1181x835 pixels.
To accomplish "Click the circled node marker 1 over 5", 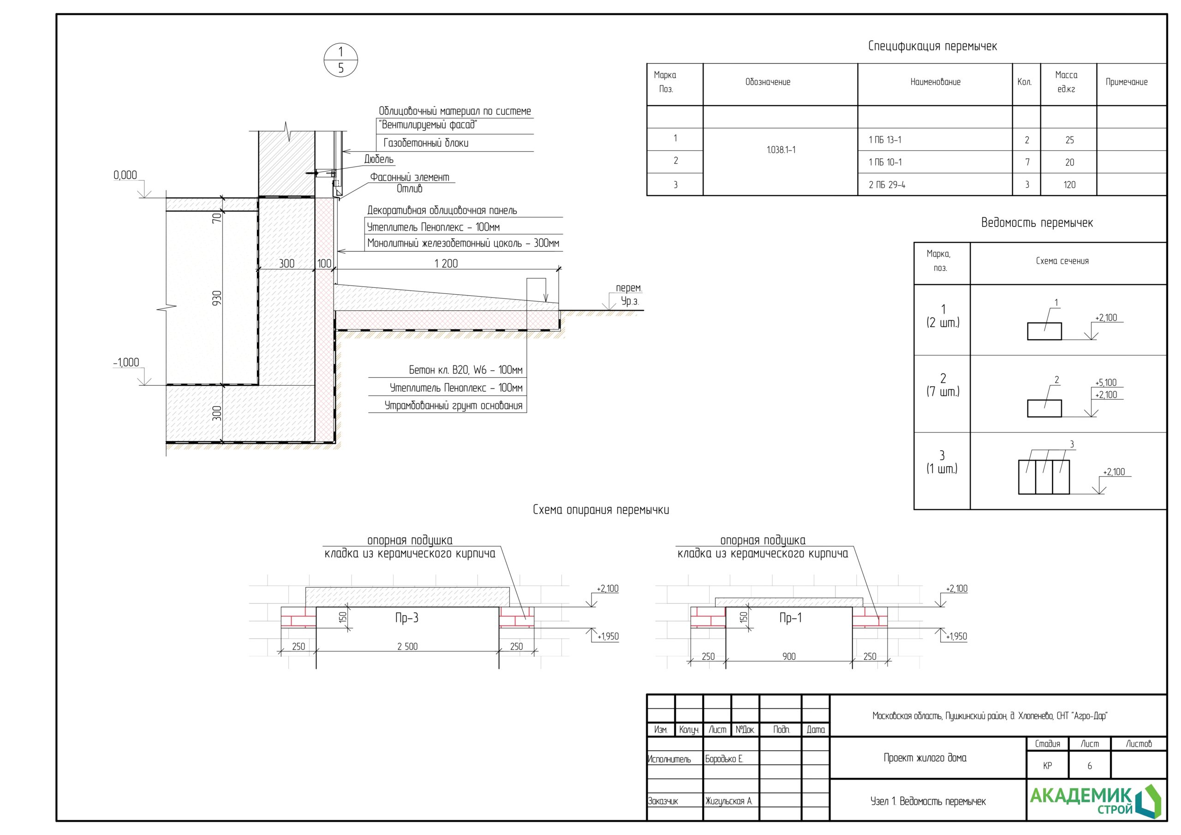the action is pyautogui.click(x=340, y=60).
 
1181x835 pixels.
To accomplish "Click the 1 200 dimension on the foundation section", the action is pyautogui.click(x=446, y=263).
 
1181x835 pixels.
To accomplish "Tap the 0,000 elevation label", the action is pyautogui.click(x=125, y=175).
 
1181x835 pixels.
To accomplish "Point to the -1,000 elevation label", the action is pyautogui.click(x=126, y=362).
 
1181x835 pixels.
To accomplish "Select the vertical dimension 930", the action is pyautogui.click(x=217, y=298).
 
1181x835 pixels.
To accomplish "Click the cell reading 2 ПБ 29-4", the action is pyautogui.click(x=887, y=185).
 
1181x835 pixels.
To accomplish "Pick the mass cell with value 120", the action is pyautogui.click(x=1069, y=185).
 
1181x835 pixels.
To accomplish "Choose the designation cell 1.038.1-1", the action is pyautogui.click(x=781, y=150).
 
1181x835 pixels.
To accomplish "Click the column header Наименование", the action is pyautogui.click(x=935, y=82).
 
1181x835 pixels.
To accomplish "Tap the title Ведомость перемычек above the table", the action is pyautogui.click(x=1037, y=223).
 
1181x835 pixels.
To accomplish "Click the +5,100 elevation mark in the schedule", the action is pyautogui.click(x=1106, y=383).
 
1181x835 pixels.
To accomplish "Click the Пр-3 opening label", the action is pyautogui.click(x=406, y=618).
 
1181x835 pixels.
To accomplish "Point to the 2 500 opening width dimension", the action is pyautogui.click(x=407, y=647).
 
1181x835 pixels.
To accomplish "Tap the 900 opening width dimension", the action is pyautogui.click(x=788, y=656).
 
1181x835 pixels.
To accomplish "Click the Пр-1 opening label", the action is pyautogui.click(x=790, y=618).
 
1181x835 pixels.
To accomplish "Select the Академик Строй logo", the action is pyautogui.click(x=1096, y=800).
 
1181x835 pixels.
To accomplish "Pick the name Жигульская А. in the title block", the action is pyautogui.click(x=728, y=801).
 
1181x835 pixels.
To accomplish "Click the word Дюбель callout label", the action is pyautogui.click(x=379, y=160).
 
